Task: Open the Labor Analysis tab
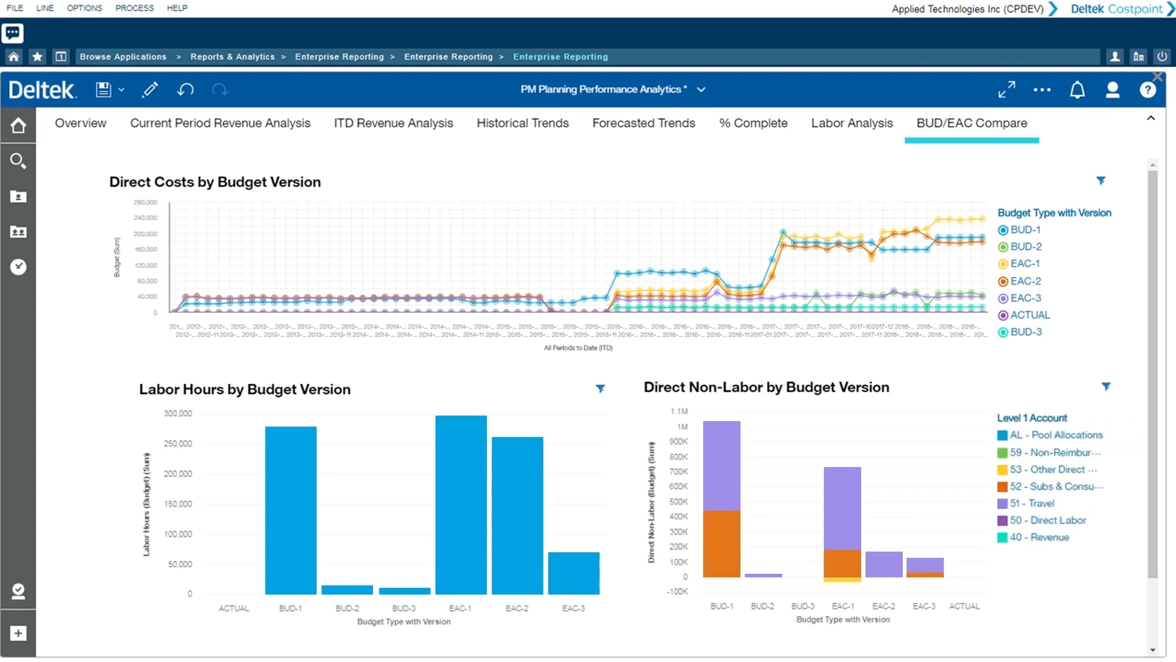click(851, 123)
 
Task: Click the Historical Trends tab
click(522, 123)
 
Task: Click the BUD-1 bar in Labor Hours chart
click(290, 510)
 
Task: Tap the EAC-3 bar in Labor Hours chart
click(573, 573)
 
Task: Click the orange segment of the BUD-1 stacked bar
click(722, 544)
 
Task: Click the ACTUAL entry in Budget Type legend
click(1029, 315)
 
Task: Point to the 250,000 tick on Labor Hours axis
click(178, 444)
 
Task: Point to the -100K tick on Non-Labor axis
click(677, 592)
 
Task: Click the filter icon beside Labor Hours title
click(600, 389)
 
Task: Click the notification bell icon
click(1077, 90)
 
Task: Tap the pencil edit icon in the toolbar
click(149, 90)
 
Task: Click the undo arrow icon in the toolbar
click(185, 90)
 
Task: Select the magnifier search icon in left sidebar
click(18, 161)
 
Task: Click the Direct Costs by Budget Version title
click(215, 182)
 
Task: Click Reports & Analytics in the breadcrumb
click(232, 57)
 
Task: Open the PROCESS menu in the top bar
click(134, 8)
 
